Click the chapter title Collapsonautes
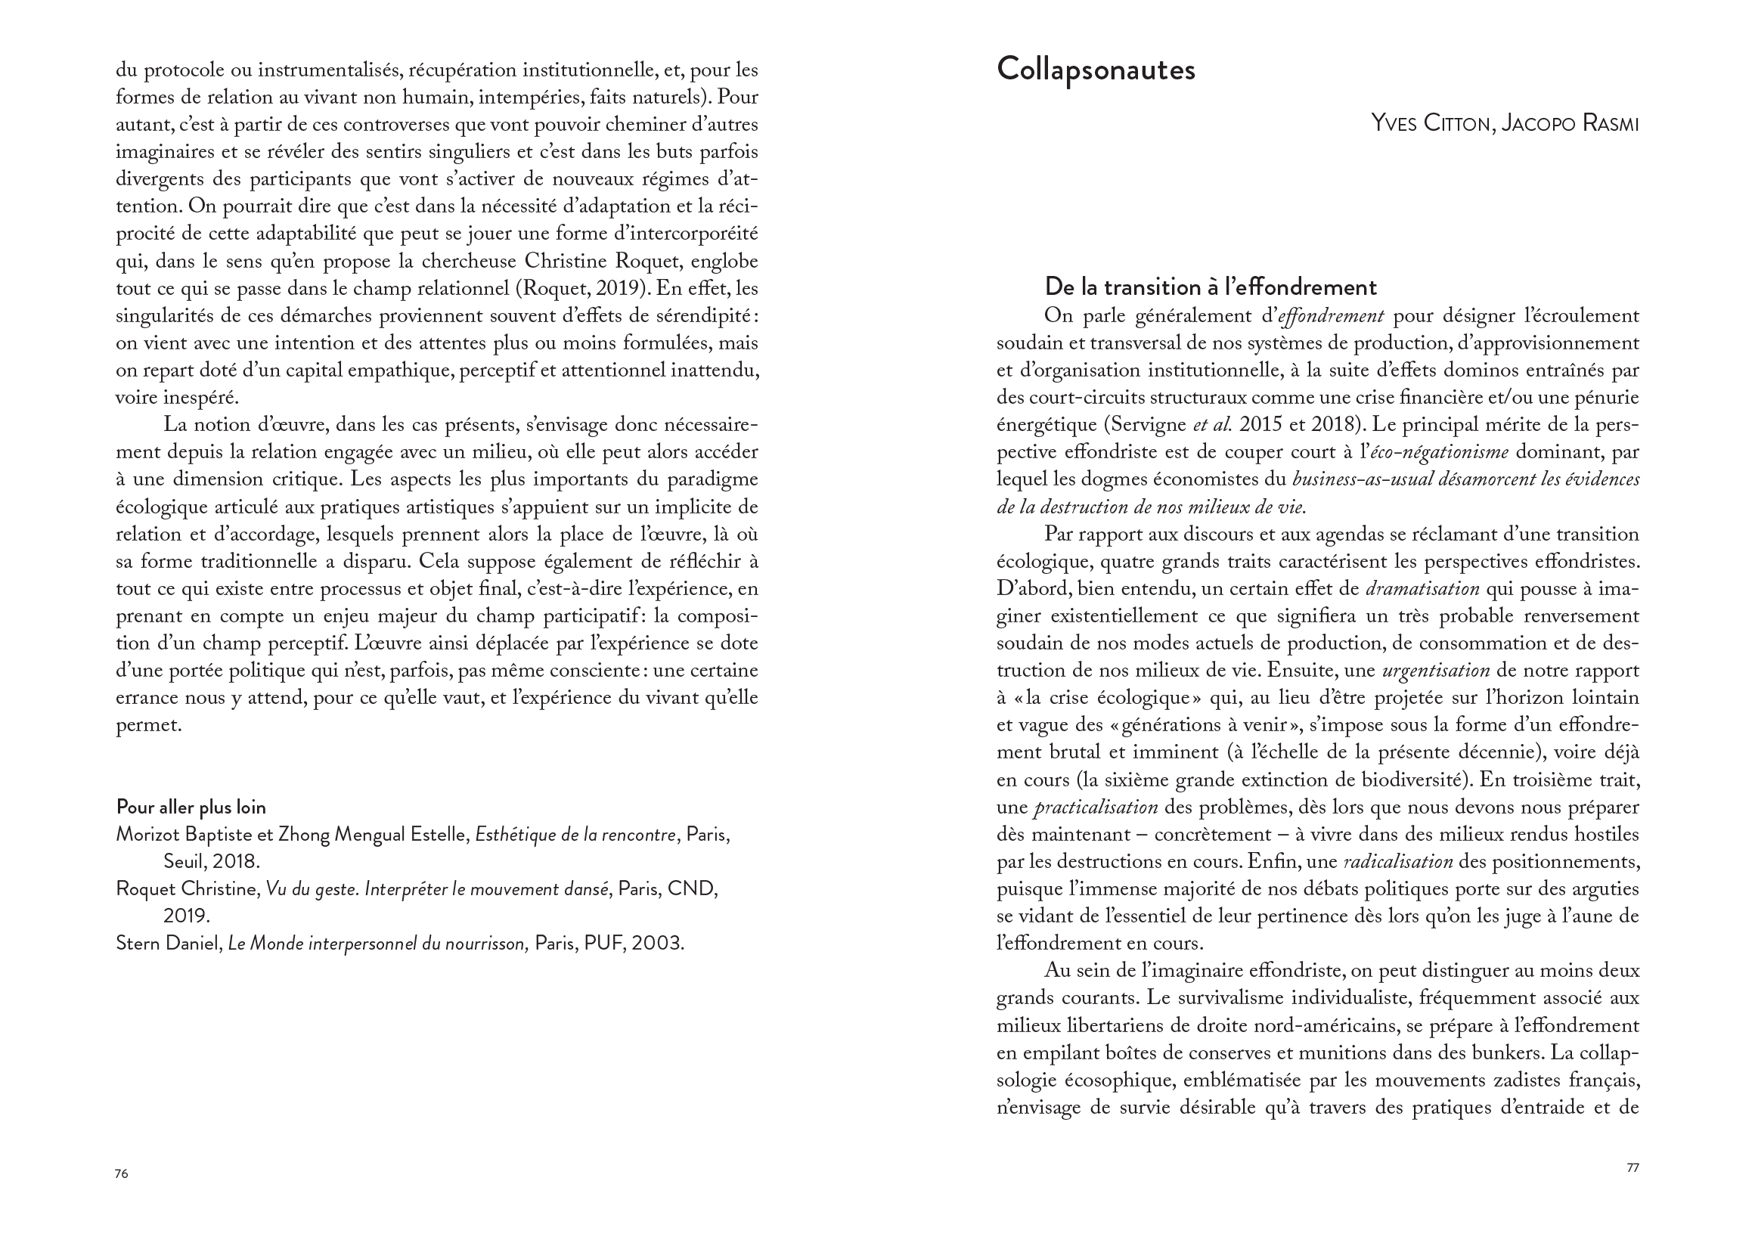[x=1095, y=70]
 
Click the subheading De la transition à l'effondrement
[x=1210, y=287]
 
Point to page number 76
[x=122, y=1173]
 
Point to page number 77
[x=1633, y=1167]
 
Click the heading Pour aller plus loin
[x=191, y=807]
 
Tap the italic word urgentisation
[x=1436, y=671]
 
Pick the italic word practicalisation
[x=1095, y=807]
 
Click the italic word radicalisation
[x=1398, y=861]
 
